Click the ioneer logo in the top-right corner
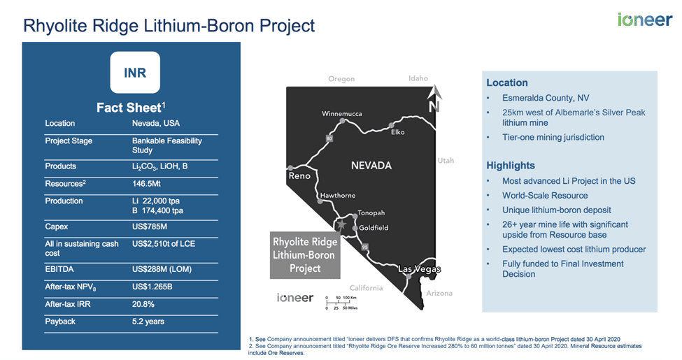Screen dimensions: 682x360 click(x=645, y=20)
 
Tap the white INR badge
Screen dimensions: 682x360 click(x=135, y=72)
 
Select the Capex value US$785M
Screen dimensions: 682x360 click(x=149, y=226)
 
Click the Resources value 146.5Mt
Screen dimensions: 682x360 click(x=146, y=183)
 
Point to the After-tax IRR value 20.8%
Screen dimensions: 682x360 click(x=143, y=304)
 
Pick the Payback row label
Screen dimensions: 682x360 click(x=60, y=322)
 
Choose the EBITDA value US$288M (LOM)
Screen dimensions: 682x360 click(x=162, y=270)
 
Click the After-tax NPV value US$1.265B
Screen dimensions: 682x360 click(x=152, y=287)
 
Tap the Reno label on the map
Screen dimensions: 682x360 click(x=299, y=175)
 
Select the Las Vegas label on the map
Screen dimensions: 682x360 click(x=419, y=269)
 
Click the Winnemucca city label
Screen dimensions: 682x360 click(x=342, y=114)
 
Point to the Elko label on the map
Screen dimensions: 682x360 click(x=397, y=132)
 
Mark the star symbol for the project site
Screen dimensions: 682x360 click(x=341, y=224)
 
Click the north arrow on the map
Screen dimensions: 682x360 click(x=434, y=99)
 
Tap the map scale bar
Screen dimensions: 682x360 click(x=341, y=303)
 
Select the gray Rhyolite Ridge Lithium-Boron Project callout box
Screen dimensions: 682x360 click(x=305, y=255)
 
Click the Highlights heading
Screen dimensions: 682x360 click(x=511, y=166)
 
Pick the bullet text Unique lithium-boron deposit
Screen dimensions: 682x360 click(x=557, y=210)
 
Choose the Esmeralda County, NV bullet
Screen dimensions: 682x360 click(x=546, y=99)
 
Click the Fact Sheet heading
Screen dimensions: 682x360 click(x=131, y=108)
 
